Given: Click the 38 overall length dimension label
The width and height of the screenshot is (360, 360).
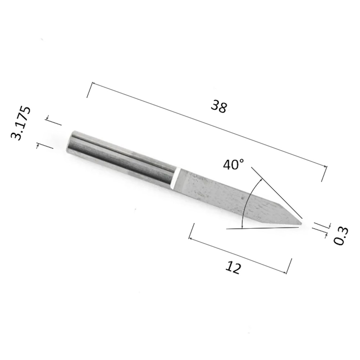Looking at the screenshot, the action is point(219,106).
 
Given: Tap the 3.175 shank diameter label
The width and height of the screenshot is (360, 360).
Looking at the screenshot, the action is point(21,123).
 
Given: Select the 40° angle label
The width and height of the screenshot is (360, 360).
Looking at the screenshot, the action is point(234,165).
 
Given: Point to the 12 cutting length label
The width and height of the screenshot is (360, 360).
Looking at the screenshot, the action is point(233,268).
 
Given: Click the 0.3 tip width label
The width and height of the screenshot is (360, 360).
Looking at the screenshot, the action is point(341,236).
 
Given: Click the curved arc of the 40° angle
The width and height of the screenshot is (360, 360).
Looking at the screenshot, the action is point(248,202).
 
